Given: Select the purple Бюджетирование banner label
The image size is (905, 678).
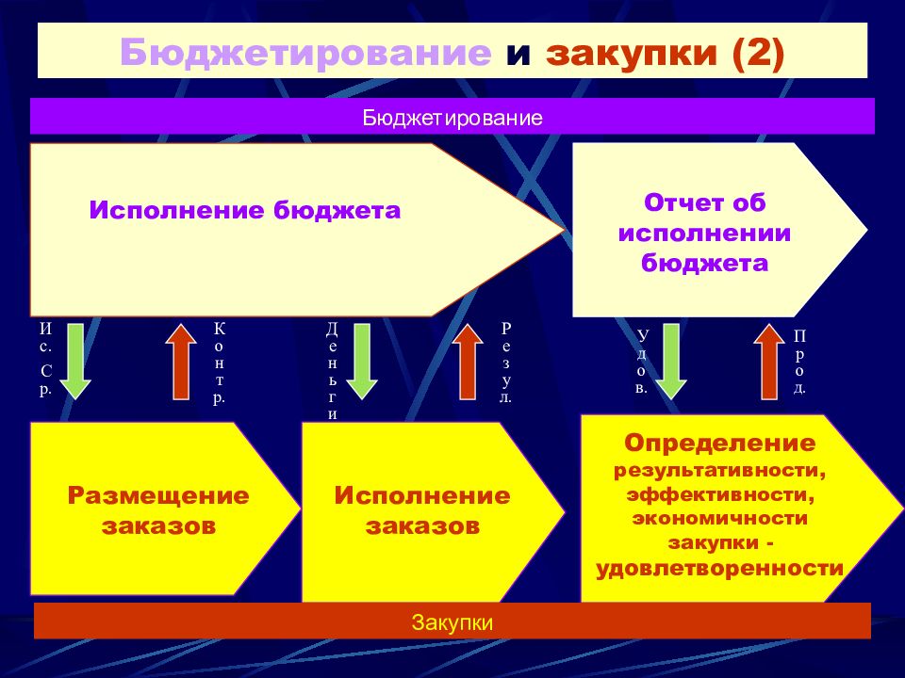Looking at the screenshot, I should click(452, 119).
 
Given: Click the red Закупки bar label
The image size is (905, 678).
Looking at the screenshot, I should click(452, 622).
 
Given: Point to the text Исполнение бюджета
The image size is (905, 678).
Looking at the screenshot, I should click(245, 210).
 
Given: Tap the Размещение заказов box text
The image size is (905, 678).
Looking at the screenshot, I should click(157, 509).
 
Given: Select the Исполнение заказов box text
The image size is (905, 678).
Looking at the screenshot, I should click(421, 509).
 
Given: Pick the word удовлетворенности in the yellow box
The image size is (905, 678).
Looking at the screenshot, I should click(719, 569).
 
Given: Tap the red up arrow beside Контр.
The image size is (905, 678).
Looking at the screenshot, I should click(182, 362).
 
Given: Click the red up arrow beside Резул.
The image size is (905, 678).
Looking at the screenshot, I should click(466, 362).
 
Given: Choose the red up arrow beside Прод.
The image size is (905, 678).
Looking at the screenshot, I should click(770, 362).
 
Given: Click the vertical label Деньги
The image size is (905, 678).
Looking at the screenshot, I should click(333, 370).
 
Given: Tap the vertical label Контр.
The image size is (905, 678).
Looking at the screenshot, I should click(220, 363).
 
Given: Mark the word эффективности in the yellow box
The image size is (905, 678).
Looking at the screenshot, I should click(719, 493).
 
